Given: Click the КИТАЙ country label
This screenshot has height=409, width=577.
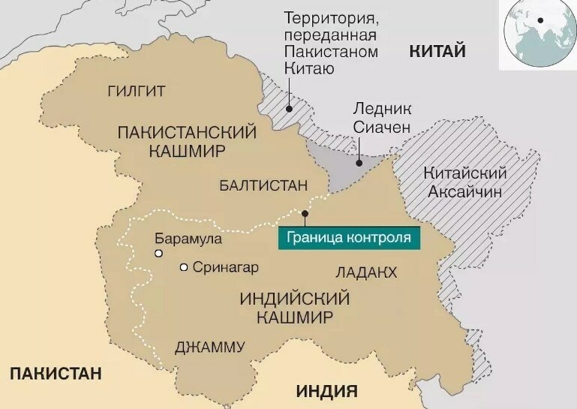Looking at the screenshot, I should click(437, 51).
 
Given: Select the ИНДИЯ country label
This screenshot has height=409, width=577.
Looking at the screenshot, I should click(326, 390).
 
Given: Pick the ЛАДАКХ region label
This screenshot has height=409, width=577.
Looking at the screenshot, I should click(367, 272).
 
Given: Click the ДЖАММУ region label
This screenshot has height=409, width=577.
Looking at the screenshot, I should click(209, 347).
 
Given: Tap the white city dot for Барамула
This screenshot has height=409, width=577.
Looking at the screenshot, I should click(158, 254).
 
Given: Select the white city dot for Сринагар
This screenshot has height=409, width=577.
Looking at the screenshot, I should click(184, 267).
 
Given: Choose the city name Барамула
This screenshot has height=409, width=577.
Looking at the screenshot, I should click(188, 239).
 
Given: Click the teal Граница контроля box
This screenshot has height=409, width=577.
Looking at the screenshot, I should click(349, 237).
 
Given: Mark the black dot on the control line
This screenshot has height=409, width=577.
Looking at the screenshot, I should click(305, 214).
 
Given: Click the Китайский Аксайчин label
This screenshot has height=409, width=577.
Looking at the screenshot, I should click(466, 182).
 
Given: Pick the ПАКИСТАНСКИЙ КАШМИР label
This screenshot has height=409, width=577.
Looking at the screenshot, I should click(187, 140).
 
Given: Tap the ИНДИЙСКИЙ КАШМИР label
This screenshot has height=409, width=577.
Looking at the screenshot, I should click(294, 307).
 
